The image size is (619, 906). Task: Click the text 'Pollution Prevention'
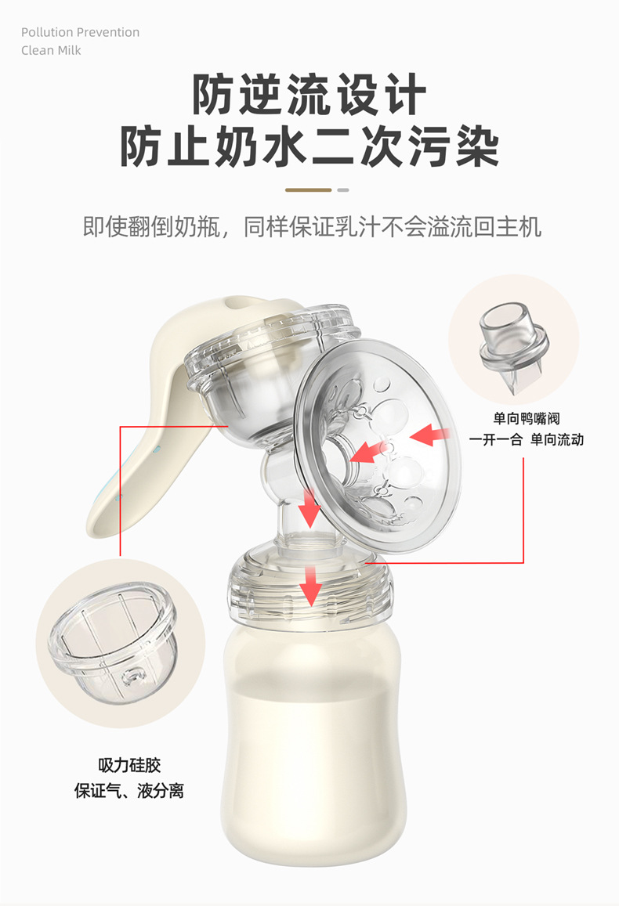tap(80, 32)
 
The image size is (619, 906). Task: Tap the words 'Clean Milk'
tap(51, 50)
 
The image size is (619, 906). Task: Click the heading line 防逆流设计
tap(309, 96)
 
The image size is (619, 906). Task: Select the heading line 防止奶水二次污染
tap(309, 146)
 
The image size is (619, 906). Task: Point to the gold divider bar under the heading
tap(309, 190)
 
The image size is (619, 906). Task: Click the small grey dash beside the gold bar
tap(342, 190)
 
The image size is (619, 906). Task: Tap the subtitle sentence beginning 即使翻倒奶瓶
tap(312, 227)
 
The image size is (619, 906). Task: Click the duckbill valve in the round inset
tap(513, 348)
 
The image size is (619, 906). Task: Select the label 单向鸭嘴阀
tap(527, 419)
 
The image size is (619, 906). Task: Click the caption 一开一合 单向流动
tap(527, 439)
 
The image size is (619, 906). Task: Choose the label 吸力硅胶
tap(129, 765)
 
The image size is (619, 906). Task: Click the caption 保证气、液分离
tap(129, 790)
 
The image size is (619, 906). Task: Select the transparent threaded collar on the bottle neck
tap(309, 591)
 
